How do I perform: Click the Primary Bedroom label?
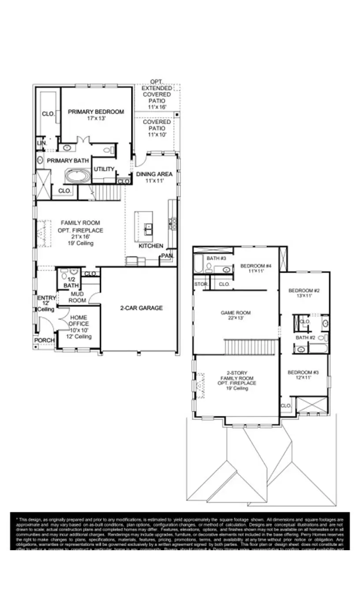(96, 112)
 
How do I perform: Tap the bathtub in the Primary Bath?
(78, 176)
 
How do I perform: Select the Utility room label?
(104, 169)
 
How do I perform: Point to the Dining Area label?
(154, 174)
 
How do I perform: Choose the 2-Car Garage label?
(141, 308)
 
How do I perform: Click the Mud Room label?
(77, 297)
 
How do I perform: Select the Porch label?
(45, 340)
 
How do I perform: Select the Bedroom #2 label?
(304, 290)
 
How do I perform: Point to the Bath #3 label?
(216, 258)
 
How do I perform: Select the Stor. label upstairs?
(201, 284)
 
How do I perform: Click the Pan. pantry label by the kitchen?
(167, 255)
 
